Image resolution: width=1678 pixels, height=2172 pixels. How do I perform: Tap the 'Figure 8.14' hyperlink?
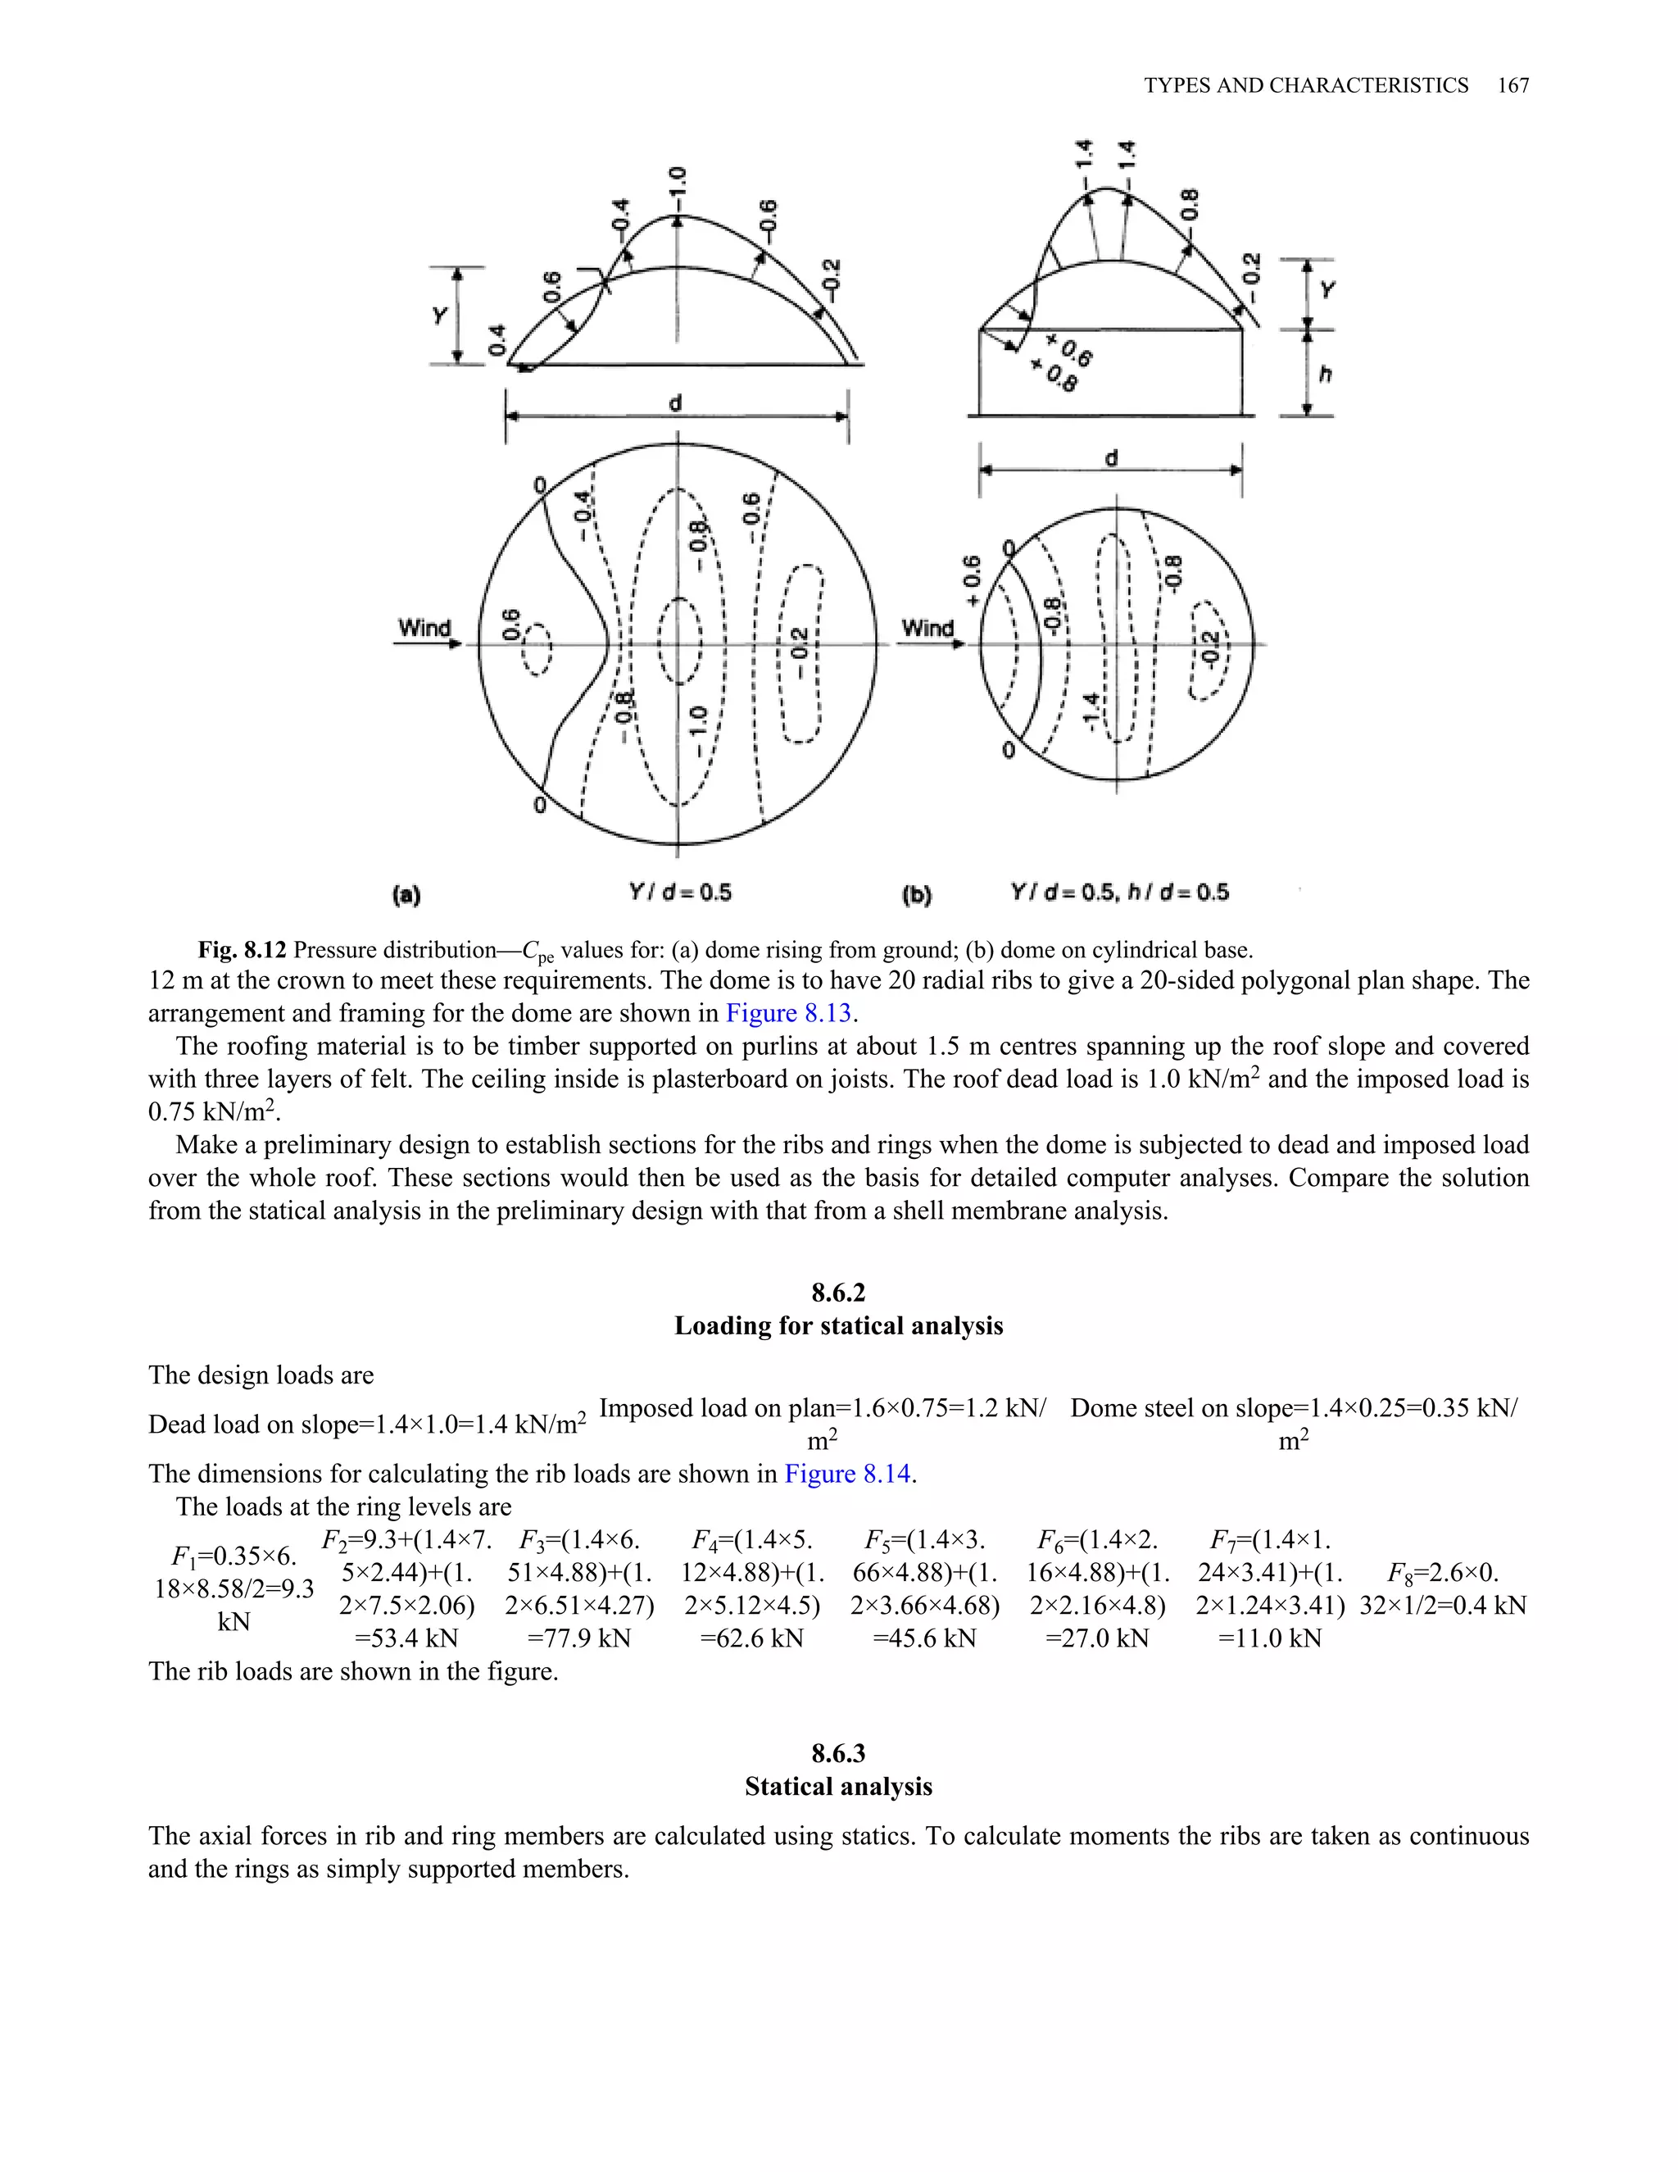click(x=848, y=1474)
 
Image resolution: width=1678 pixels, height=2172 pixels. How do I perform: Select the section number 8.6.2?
click(x=838, y=1293)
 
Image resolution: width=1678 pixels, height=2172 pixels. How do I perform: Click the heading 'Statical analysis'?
click(x=838, y=1787)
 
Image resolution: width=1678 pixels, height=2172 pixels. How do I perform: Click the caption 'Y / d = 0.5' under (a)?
click(x=681, y=892)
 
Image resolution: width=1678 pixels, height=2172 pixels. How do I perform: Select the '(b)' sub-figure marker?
click(x=917, y=895)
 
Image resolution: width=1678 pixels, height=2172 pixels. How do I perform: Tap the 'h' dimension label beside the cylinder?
click(x=1324, y=374)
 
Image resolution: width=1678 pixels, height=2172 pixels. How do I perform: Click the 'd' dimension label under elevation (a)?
click(x=675, y=402)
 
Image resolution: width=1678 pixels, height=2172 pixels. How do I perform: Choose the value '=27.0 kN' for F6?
click(x=1096, y=1638)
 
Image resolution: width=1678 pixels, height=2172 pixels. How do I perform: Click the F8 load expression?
click(x=1442, y=1589)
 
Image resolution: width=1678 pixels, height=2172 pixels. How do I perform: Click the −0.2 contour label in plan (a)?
click(x=799, y=652)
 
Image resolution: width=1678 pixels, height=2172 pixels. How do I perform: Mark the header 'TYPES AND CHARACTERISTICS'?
click(x=1305, y=85)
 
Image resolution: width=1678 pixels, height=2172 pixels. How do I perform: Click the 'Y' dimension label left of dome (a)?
click(x=439, y=316)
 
